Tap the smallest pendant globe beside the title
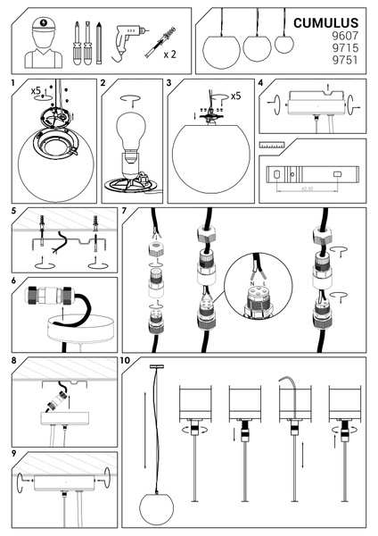point(284,42)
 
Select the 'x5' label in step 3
point(235,96)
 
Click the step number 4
point(259,83)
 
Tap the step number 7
point(126,212)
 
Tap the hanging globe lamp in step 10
point(157,507)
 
